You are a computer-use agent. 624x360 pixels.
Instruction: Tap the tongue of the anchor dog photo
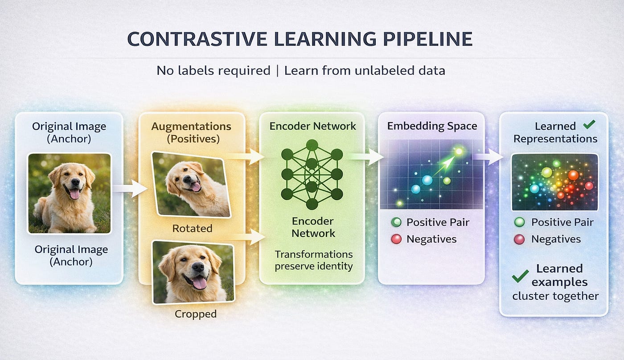click(74, 194)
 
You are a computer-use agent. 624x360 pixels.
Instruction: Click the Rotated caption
click(192, 229)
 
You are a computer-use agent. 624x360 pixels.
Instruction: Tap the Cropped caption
click(195, 314)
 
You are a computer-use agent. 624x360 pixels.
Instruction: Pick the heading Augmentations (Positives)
click(191, 132)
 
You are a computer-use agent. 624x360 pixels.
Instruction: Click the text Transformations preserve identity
click(313, 260)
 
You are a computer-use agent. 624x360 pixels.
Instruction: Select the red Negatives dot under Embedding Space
click(396, 239)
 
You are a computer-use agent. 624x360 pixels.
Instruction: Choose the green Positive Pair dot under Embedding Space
click(396, 222)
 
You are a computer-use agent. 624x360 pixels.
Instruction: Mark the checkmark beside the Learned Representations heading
click(589, 125)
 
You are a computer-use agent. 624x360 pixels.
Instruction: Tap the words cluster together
click(555, 296)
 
